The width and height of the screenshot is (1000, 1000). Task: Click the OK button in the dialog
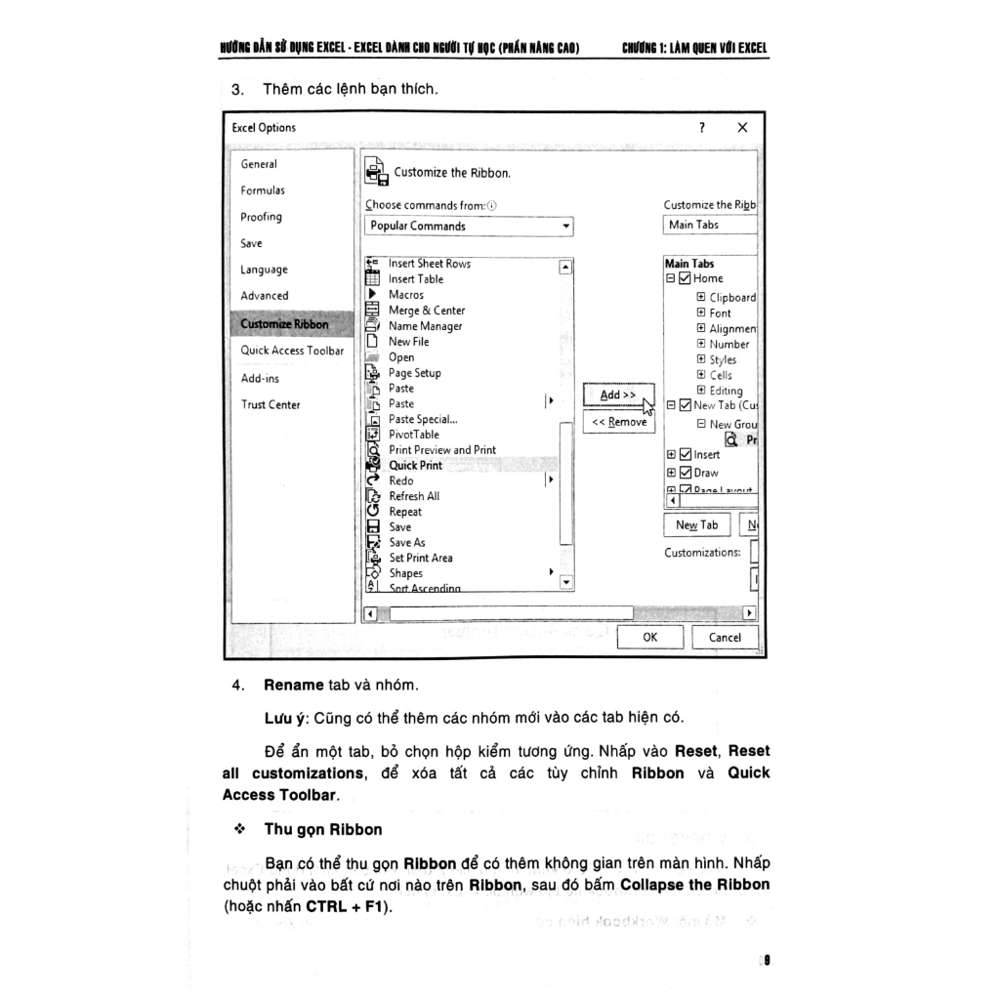tap(649, 638)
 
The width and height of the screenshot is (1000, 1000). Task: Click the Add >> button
tap(617, 395)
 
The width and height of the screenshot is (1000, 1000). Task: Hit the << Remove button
tap(619, 422)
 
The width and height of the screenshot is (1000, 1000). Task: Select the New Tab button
tap(696, 525)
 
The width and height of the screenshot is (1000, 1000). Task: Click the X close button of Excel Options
tap(742, 127)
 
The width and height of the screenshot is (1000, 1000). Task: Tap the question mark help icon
tap(701, 127)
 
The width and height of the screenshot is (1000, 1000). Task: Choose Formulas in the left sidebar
tap(263, 190)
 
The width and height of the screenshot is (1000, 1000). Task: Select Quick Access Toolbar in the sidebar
tap(292, 351)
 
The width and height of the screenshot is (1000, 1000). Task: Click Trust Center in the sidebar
tap(271, 404)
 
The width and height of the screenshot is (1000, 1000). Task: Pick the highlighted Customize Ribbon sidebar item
tap(284, 324)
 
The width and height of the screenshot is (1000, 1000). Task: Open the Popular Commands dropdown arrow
tap(565, 227)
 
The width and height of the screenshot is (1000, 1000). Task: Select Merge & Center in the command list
tap(427, 311)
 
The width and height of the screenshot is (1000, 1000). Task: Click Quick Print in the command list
tap(415, 466)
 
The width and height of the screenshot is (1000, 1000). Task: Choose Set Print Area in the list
tap(421, 558)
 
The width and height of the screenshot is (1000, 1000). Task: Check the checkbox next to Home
tap(685, 278)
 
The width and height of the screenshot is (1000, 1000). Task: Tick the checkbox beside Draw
tap(685, 473)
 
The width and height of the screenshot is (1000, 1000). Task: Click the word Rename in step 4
tap(293, 685)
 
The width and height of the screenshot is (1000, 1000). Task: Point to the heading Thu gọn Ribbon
tap(322, 830)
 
